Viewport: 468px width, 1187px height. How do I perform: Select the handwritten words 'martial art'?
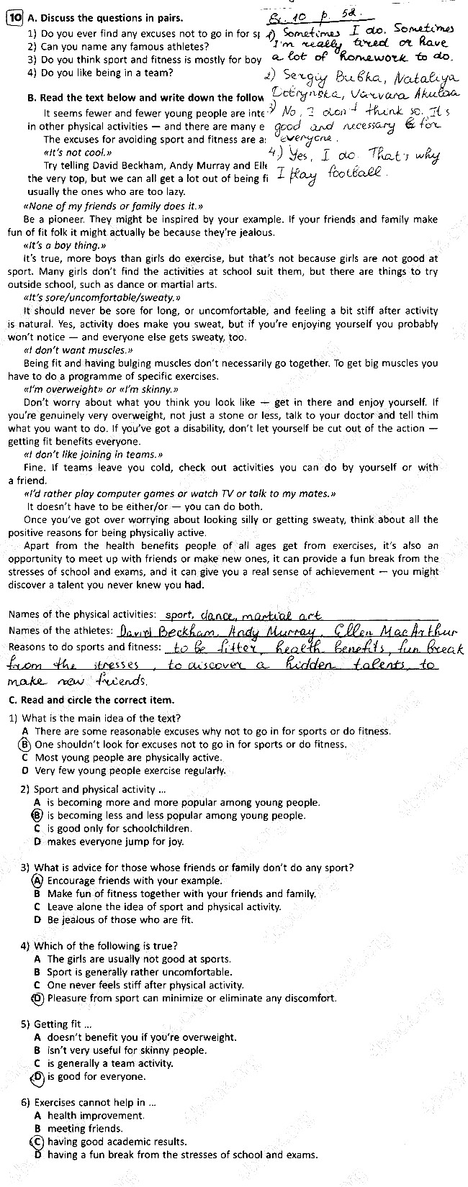(x=284, y=615)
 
